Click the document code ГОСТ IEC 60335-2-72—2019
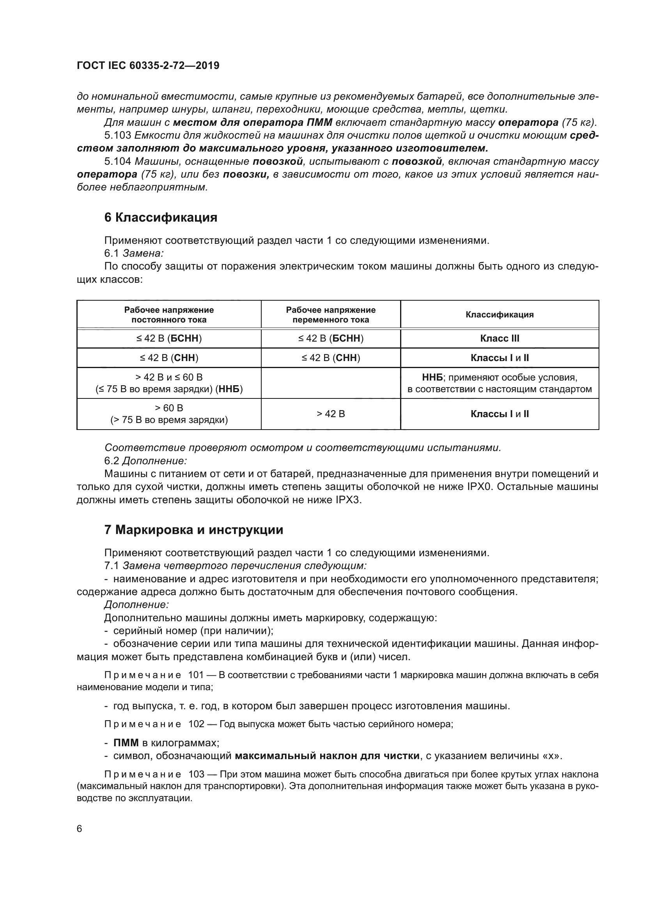pos(148,66)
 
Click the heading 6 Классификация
pos(160,217)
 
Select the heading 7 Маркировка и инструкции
pos(193,530)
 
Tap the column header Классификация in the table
pos(499,315)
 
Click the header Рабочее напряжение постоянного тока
pos(169,315)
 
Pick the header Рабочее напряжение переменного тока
pos(330,315)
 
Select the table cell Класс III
pos(499,338)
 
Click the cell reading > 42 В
pos(330,414)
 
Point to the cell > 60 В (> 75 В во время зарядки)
pos(169,414)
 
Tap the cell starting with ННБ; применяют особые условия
pos(499,383)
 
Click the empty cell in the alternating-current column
pos(330,383)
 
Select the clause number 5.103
pos(117,136)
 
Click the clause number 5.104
pos(117,162)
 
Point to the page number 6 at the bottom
pos(80,829)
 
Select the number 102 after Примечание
pos(196,724)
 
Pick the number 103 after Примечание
pos(196,774)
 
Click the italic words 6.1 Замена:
pos(134,253)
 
